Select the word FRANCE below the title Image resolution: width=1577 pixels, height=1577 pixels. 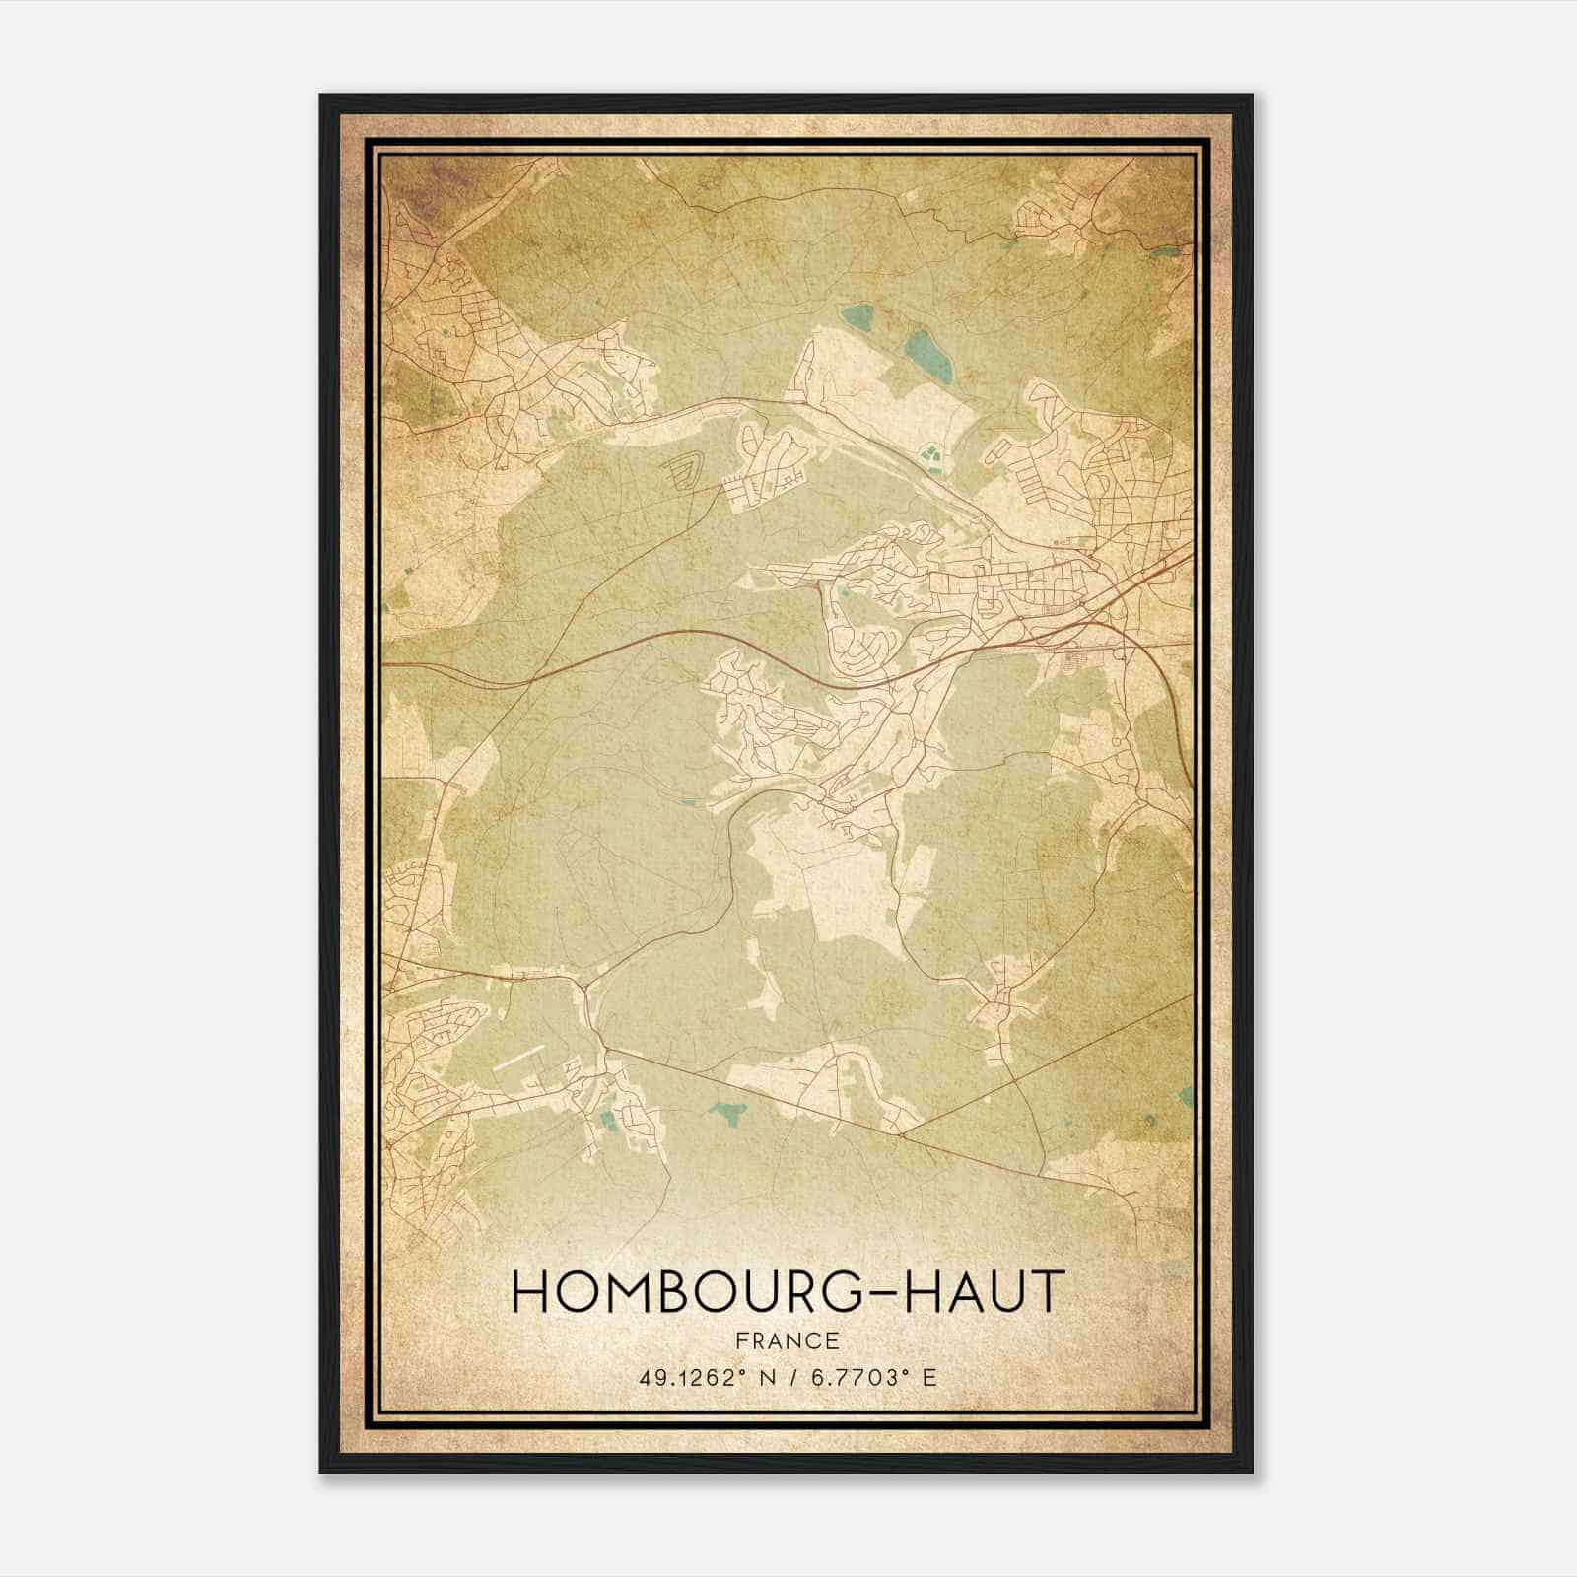(788, 1340)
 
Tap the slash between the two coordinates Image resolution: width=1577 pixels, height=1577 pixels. (789, 1377)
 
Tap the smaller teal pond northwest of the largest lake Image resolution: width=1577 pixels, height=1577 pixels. (857, 317)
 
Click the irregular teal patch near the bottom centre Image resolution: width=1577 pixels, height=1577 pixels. (729, 1113)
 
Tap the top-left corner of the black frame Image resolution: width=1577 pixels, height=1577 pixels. (321, 96)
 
